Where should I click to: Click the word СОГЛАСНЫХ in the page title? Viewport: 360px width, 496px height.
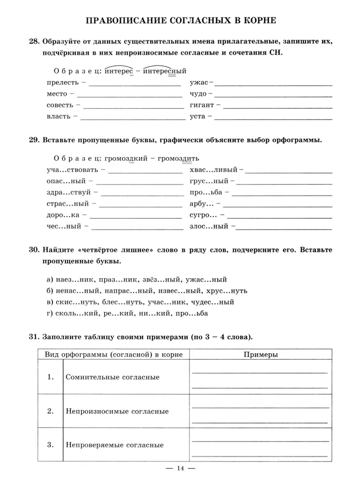[x=183, y=21]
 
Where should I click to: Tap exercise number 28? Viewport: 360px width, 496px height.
[x=34, y=42]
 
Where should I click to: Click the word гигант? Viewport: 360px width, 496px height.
[x=202, y=105]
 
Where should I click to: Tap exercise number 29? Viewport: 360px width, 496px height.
[x=34, y=140]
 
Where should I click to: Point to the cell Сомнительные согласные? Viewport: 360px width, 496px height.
[x=113, y=377]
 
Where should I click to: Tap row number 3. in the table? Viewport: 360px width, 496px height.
[x=50, y=445]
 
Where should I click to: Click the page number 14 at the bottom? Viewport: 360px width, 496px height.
[x=180, y=469]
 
